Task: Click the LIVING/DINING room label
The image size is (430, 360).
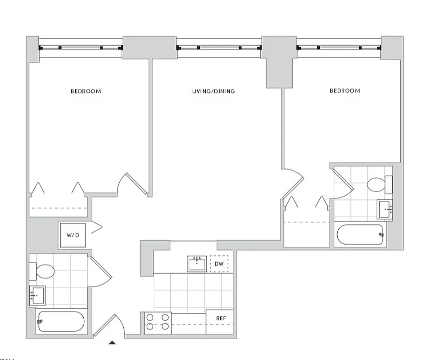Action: tap(213, 91)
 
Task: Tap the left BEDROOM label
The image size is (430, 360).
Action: tap(86, 91)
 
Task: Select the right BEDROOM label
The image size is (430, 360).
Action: tap(345, 90)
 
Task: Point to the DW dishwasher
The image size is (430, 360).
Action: tap(219, 264)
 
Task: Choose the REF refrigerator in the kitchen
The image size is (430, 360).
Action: tap(220, 319)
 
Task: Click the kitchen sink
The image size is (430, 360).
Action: tap(197, 264)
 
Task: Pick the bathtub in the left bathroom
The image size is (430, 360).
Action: tap(61, 322)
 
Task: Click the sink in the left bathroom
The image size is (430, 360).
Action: tap(37, 296)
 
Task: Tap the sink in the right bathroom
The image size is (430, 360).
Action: tap(385, 209)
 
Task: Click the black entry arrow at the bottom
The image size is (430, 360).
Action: tap(112, 343)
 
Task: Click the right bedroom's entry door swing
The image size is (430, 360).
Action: tap(293, 182)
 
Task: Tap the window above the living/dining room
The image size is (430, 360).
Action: tap(219, 47)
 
